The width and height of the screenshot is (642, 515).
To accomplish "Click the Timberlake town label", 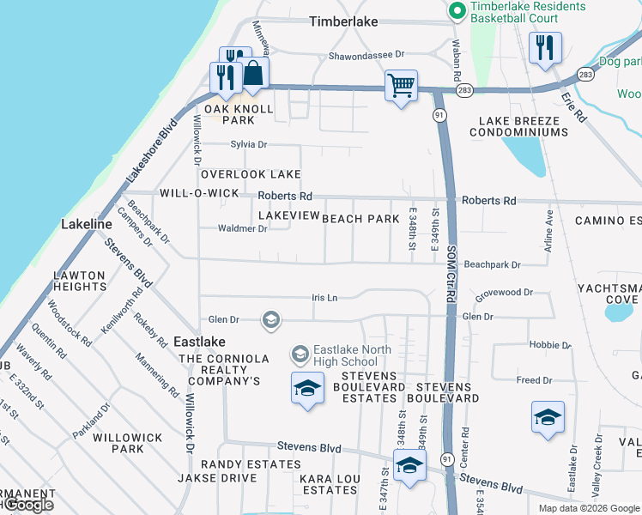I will coord(343,21).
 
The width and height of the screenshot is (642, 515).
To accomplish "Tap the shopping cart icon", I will coord(401,86).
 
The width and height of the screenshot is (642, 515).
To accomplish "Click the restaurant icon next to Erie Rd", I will coord(545,49).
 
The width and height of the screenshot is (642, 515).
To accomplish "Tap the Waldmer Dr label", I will coord(243,228).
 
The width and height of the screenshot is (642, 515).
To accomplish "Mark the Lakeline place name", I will coord(87,224).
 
